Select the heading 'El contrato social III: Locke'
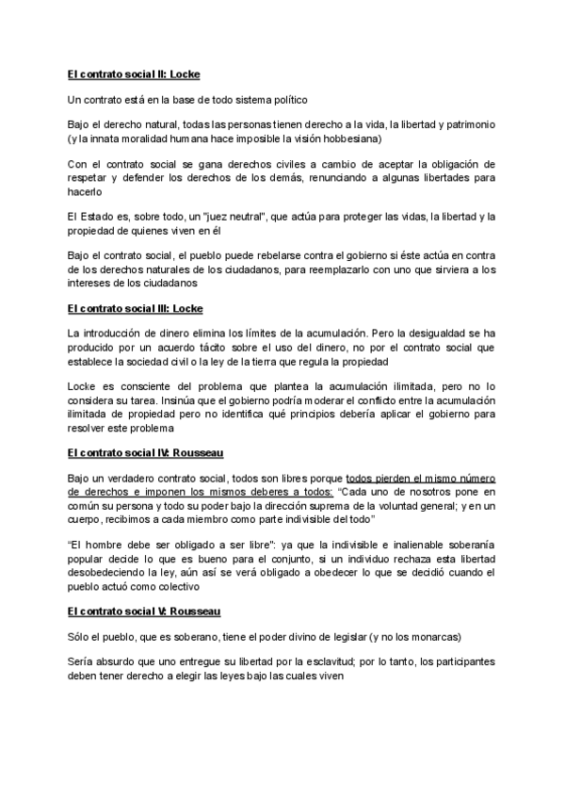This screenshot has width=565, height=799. point(136,308)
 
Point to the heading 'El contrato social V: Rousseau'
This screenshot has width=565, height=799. point(144,611)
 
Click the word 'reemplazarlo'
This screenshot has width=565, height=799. point(349,269)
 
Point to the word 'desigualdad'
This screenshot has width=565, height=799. point(441,334)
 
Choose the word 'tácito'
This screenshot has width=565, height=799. point(254,347)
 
